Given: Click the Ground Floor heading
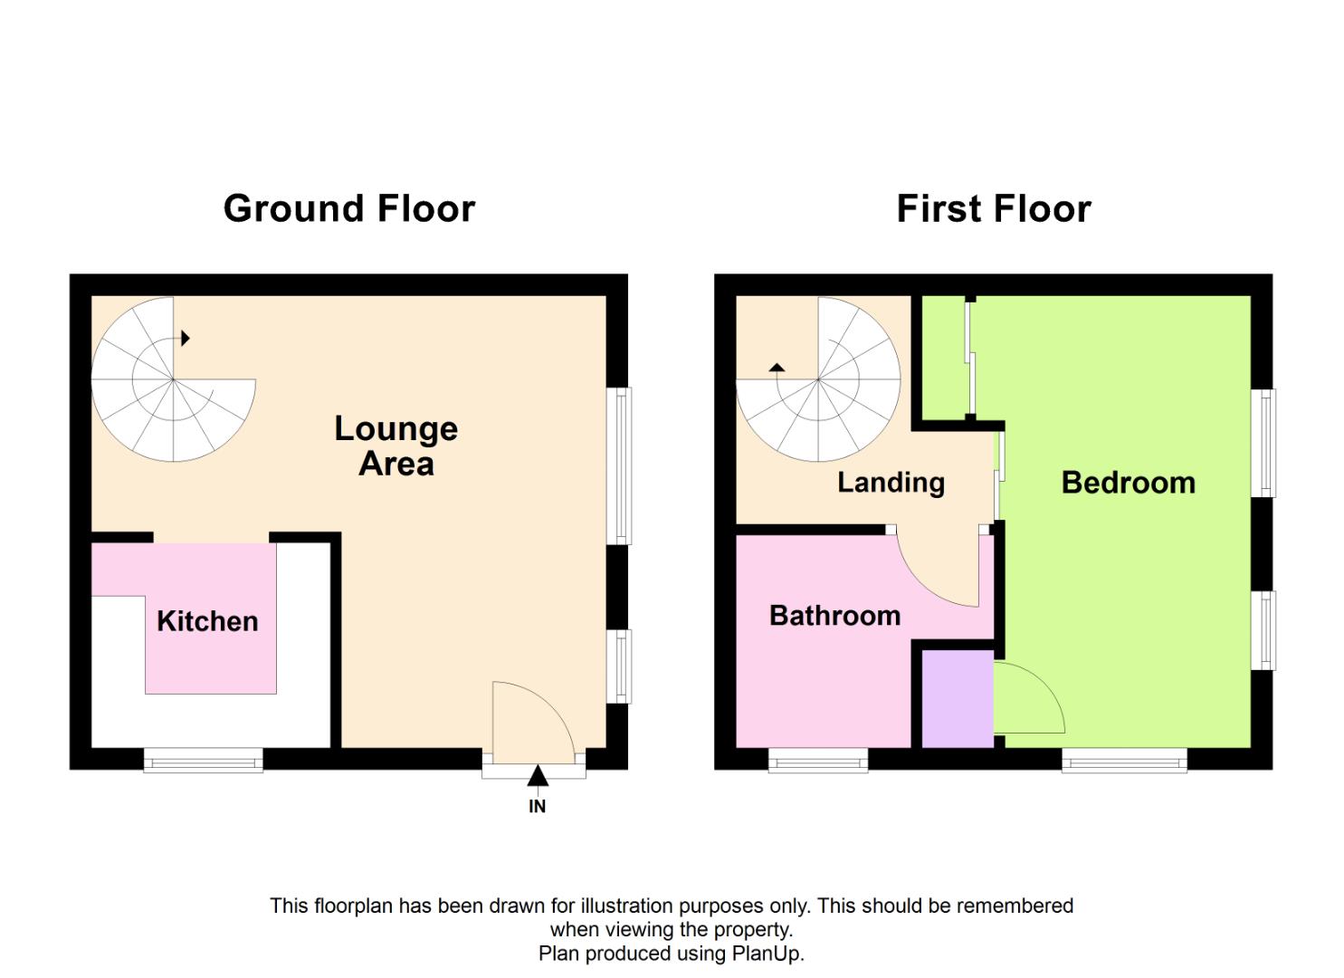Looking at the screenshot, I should pos(348,208).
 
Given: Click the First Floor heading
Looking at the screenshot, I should pos(993,208).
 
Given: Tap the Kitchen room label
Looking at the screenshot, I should pos(207,621).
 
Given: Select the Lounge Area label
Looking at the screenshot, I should pos(396,446).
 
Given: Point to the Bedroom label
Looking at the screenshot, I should pos(1128,483).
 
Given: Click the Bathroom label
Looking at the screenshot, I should pos(834,616).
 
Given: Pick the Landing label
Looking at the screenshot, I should pos(891,483).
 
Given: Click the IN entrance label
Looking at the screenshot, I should pos(537,806).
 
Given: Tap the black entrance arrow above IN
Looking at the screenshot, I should pos(538,775).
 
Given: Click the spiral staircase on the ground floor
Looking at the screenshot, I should pos(172,380).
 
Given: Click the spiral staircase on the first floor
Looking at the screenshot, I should pos(818,380).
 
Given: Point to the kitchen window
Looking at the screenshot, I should pos(204,760).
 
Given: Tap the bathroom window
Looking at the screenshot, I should pos(818,760).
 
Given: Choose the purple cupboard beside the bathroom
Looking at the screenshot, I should pos(958,698).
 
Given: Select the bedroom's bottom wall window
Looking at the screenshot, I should pos(1124,760).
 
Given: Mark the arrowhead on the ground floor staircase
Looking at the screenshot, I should pos(186,339).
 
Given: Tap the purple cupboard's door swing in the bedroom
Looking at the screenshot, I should pos(1027,702).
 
